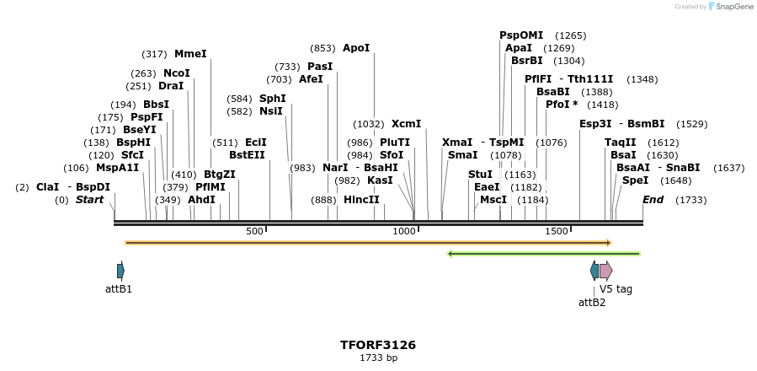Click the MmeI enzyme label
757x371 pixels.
tap(190, 54)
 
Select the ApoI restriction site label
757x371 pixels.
tap(356, 48)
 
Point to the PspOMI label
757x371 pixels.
tap(521, 35)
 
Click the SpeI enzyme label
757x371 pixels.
tap(635, 180)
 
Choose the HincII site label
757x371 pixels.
tap(361, 200)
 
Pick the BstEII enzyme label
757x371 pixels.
tap(247, 154)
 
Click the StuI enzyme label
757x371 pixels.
tap(480, 174)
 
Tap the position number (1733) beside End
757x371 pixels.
tap(691, 200)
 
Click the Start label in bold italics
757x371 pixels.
tap(90, 200)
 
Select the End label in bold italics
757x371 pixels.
tap(653, 200)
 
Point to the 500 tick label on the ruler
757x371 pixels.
tap(254, 232)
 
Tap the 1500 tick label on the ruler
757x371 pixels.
tap(557, 232)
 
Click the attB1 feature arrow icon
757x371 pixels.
tap(120, 271)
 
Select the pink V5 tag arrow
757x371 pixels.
tap(605, 271)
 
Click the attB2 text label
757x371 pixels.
tap(592, 302)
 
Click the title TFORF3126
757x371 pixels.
tap(378, 345)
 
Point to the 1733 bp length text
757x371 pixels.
tap(378, 358)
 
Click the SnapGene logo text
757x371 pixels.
tap(734, 7)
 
